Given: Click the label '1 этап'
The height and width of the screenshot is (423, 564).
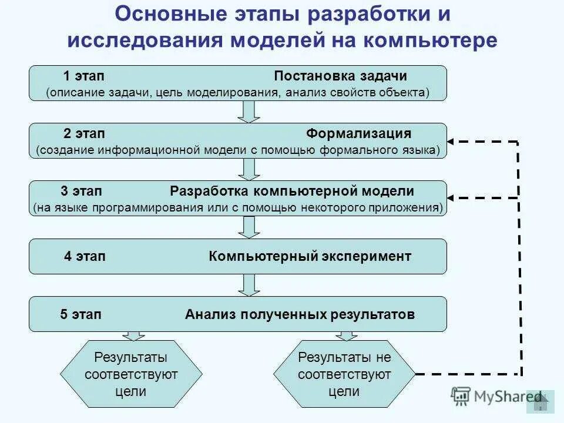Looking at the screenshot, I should tap(84, 76).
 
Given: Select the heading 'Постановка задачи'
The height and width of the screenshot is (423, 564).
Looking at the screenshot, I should tap(340, 76).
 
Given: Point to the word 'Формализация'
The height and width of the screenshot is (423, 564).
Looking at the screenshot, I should tap(358, 133).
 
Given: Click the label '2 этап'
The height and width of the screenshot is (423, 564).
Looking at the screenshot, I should tap(84, 133).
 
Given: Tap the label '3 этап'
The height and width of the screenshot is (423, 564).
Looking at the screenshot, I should tap(81, 192).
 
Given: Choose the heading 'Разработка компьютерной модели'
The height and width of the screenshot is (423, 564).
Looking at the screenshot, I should tap(292, 192).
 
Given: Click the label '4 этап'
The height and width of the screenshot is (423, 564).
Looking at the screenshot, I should tap(85, 256).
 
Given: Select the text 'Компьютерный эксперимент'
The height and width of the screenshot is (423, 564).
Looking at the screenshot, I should tap(310, 256).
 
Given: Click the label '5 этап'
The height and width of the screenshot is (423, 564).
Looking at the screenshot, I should tap(80, 314).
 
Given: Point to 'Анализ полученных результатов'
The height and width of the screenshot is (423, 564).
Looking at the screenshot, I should tap(300, 314).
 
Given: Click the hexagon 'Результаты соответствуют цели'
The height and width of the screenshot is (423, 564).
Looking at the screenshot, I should tap(132, 374).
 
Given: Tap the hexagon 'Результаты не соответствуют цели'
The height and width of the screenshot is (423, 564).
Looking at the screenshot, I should tap(344, 374).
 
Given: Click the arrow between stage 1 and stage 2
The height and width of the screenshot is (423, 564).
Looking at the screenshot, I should tap(249, 112).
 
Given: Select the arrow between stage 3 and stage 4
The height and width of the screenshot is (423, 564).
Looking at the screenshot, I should tap(249, 227).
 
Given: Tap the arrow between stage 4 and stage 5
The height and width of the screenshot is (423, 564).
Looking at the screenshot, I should tap(249, 285).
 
